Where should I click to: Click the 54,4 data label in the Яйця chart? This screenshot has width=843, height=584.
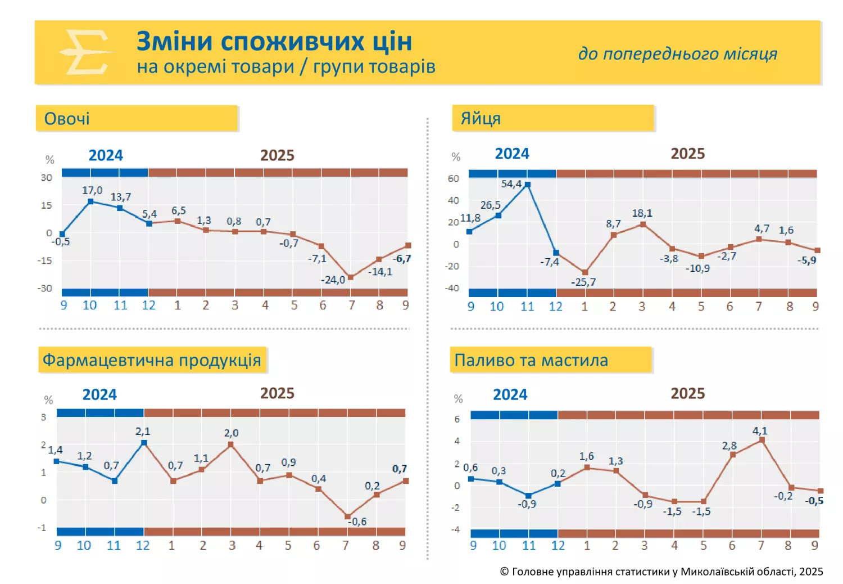click(x=511, y=184)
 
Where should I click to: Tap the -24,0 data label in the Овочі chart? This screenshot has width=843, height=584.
click(x=333, y=280)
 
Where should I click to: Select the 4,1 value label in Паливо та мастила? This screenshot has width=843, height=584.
click(x=760, y=431)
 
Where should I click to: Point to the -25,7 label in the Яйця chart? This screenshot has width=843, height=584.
click(x=583, y=282)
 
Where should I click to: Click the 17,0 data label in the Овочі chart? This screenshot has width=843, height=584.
click(x=92, y=190)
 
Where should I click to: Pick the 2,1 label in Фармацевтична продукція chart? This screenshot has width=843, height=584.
click(x=143, y=432)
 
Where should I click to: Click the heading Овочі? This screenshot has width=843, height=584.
click(x=67, y=119)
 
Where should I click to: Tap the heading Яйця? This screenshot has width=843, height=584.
click(x=481, y=118)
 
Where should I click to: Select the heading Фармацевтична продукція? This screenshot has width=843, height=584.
click(x=152, y=360)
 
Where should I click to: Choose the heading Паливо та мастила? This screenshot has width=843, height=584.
click(x=531, y=360)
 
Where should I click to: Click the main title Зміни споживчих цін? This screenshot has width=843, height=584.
click(x=274, y=42)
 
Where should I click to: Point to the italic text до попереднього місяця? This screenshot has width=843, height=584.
click(x=678, y=53)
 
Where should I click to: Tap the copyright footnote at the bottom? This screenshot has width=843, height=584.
click(x=661, y=572)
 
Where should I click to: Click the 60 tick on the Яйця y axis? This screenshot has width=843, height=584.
click(x=453, y=178)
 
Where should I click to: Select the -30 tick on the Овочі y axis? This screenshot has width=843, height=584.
click(x=45, y=288)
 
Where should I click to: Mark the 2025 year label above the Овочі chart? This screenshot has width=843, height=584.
click(x=277, y=155)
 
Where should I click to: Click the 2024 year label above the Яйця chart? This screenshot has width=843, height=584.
click(x=511, y=154)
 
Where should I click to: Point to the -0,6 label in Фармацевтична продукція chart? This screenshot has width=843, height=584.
click(x=357, y=522)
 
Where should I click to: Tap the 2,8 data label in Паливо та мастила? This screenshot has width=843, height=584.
click(x=729, y=446)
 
